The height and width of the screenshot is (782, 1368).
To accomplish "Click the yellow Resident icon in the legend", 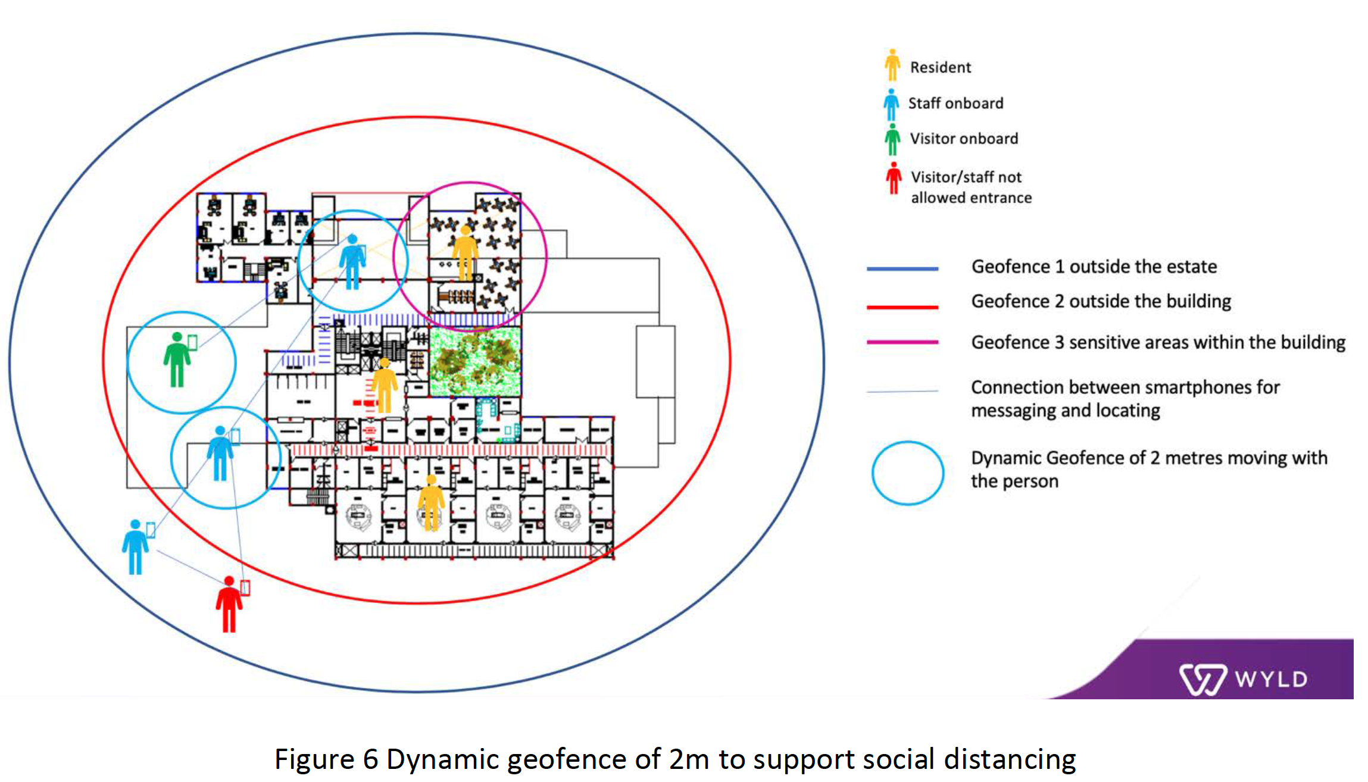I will (x=892, y=65).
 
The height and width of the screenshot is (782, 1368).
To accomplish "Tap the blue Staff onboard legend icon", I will (x=891, y=105).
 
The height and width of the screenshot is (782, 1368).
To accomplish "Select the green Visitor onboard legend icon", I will (x=892, y=139).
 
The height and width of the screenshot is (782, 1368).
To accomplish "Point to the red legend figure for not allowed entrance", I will (x=894, y=178).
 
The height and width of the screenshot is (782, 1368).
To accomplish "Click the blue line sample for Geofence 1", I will (x=902, y=269).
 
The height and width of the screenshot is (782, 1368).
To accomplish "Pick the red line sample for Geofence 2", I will (x=902, y=307).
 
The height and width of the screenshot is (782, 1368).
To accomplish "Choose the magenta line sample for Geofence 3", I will (x=902, y=342).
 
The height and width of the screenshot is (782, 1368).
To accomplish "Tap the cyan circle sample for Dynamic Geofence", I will (x=907, y=473).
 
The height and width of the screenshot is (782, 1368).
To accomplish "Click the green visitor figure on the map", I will (x=177, y=360).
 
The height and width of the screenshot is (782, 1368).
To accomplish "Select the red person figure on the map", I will (x=229, y=604).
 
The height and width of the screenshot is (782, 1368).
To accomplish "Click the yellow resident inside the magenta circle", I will (x=465, y=253).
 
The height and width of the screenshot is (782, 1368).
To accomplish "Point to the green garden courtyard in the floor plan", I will (x=475, y=361).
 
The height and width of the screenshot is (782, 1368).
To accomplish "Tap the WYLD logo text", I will (x=1270, y=679).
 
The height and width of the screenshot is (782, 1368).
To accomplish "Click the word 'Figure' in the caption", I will (x=314, y=760).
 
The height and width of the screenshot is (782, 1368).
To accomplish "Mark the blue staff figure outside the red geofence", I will (x=136, y=547).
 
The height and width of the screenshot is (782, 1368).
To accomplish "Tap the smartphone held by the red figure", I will (x=245, y=587).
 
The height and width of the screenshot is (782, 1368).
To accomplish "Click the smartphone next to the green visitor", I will (x=192, y=342).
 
